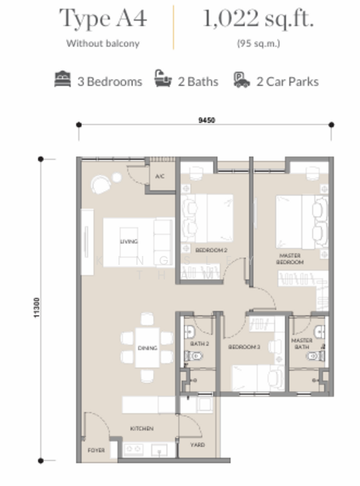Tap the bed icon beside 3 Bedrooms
(x=62, y=80)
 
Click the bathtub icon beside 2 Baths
(x=163, y=80)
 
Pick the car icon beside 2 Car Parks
(x=241, y=80)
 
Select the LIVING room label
(x=128, y=241)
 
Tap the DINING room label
(x=147, y=347)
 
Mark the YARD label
(x=198, y=445)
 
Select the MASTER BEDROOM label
(x=290, y=258)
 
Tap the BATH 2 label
(x=199, y=343)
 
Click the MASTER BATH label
(x=302, y=344)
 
